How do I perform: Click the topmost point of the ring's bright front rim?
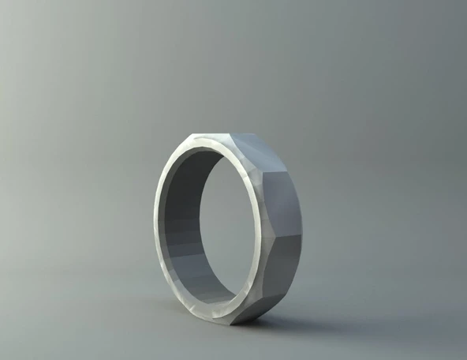click(207, 137)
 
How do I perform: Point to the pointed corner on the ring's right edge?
click(301, 236)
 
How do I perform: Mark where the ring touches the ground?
click(237, 323)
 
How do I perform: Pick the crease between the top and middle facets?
click(272, 170)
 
